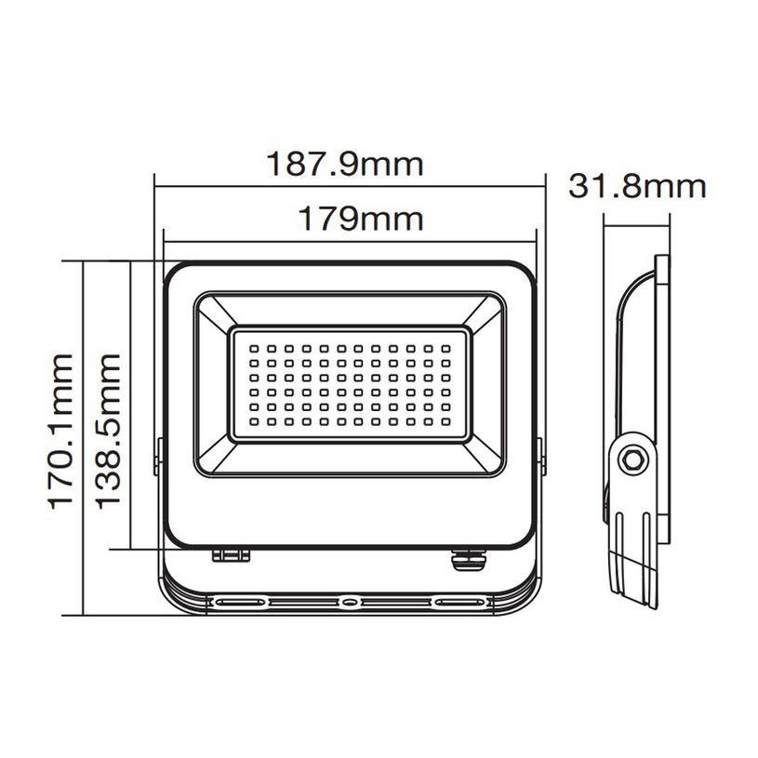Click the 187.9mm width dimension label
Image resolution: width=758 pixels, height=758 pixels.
coord(345,165)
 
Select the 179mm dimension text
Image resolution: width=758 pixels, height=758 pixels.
coord(360,219)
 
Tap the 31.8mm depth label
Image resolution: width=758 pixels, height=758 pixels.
coord(637,186)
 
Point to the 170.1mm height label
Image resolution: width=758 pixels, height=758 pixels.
coord(61,430)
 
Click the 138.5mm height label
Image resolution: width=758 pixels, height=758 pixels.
coord(109,430)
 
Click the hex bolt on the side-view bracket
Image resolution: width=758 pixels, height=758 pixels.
coord(632,459)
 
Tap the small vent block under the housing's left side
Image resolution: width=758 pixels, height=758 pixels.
coord(232,555)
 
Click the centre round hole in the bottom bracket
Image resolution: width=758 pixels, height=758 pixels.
coord(349,602)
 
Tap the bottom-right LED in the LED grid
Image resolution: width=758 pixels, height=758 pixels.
coord(446,423)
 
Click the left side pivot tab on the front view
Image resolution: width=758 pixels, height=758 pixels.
coord(157,458)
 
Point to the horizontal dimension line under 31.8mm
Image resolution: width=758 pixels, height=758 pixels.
coord(637,219)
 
